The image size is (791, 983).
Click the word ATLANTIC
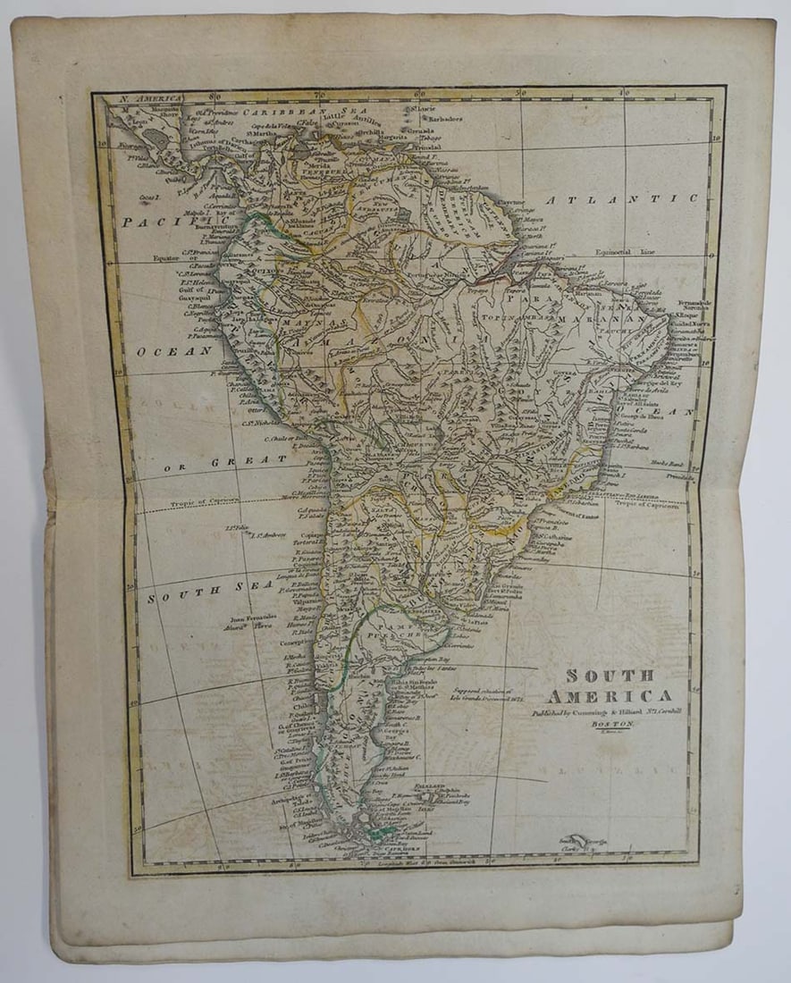pos(622,198)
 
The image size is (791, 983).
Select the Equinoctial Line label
pos(621,252)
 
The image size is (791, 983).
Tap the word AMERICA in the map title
pos(622,695)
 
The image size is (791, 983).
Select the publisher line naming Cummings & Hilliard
pos(606,713)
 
